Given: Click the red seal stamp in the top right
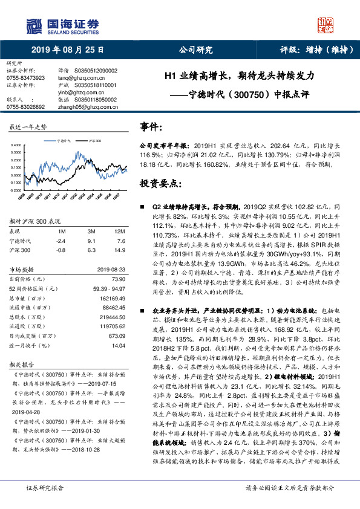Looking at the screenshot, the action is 327,24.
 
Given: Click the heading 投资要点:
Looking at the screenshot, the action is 160,182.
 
